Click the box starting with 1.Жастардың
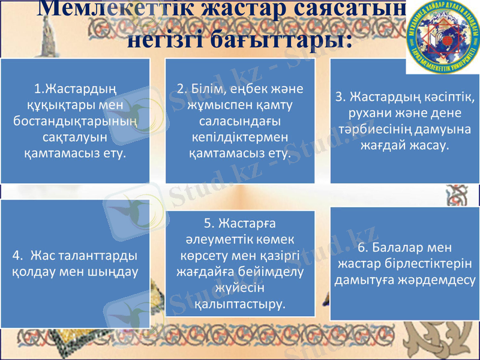(75, 121)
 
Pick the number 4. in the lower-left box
(19, 256)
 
